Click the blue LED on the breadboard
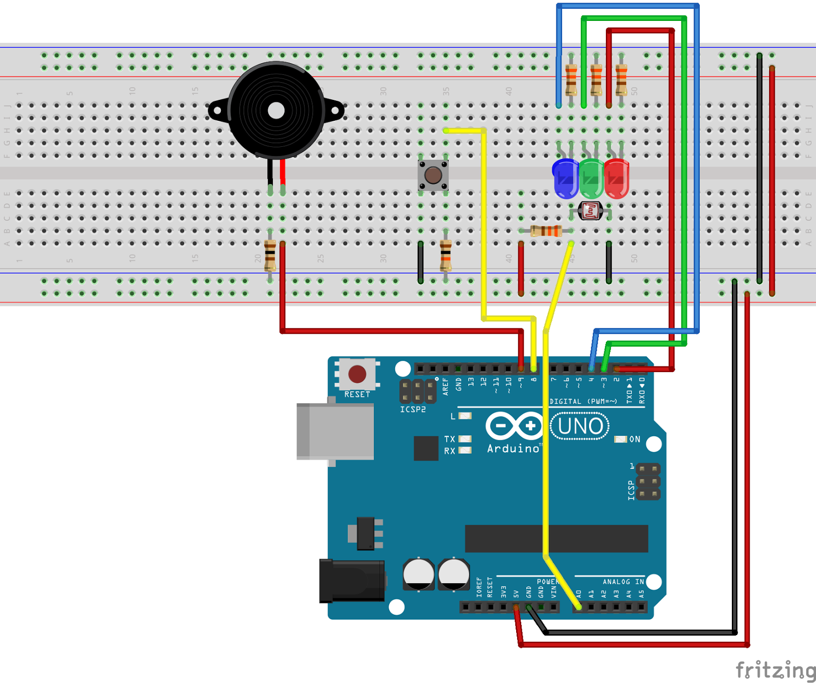pyautogui.click(x=565, y=178)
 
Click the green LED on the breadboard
pyautogui.click(x=591, y=178)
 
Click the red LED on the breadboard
pyautogui.click(x=617, y=178)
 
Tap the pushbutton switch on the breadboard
pyautogui.click(x=433, y=175)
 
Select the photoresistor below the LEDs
pyautogui.click(x=591, y=210)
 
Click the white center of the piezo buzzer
pyautogui.click(x=276, y=111)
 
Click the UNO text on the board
pyautogui.click(x=580, y=426)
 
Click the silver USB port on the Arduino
pyautogui.click(x=336, y=431)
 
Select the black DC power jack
pyautogui.click(x=352, y=581)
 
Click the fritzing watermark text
pyautogui.click(x=775, y=670)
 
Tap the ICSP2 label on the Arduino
pyautogui.click(x=413, y=409)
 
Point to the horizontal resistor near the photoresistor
pyautogui.click(x=546, y=231)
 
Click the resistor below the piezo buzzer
pyautogui.click(x=270, y=256)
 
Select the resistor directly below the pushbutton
pyautogui.click(x=446, y=256)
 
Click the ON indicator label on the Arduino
pyautogui.click(x=634, y=439)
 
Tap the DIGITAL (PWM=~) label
pyautogui.click(x=583, y=402)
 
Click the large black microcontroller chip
pyautogui.click(x=556, y=539)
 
